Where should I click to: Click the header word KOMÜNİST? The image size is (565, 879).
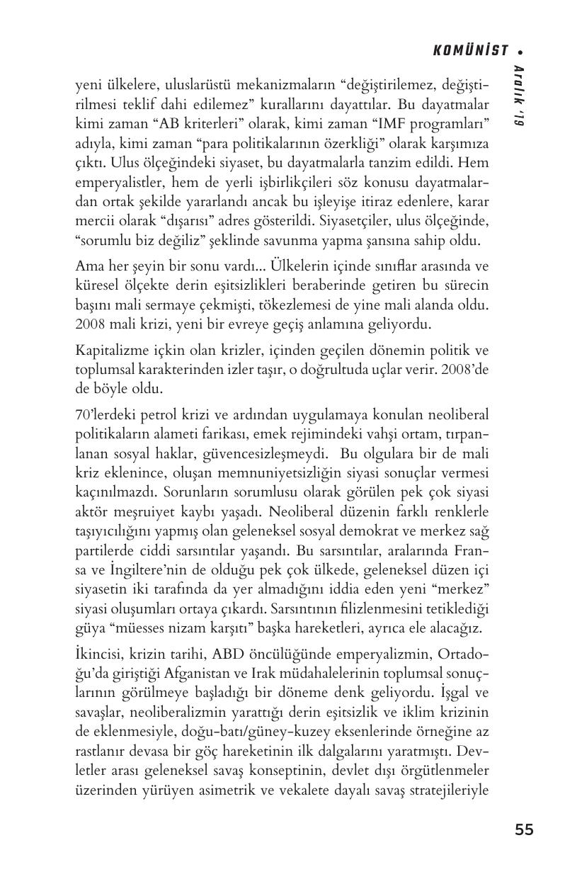[470, 50]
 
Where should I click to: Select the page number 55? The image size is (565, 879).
[524, 830]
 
